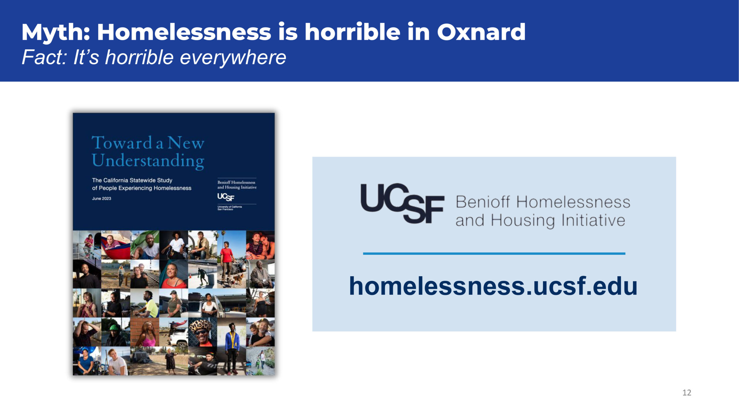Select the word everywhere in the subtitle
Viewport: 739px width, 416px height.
pyautogui.click(x=233, y=57)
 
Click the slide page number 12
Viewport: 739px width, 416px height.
pyautogui.click(x=687, y=392)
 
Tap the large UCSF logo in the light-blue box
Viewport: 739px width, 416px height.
pyautogui.click(x=402, y=203)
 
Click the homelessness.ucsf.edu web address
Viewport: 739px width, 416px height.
pyautogui.click(x=493, y=286)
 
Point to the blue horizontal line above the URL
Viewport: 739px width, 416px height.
pyautogui.click(x=494, y=253)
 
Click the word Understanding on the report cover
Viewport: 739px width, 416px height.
pyautogui.click(x=148, y=161)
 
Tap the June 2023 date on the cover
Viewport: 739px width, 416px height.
pyautogui.click(x=102, y=198)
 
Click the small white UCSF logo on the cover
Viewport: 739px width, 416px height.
pyautogui.click(x=226, y=197)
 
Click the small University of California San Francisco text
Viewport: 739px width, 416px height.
pyautogui.click(x=230, y=208)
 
